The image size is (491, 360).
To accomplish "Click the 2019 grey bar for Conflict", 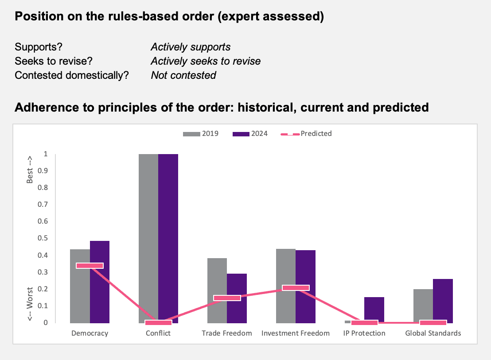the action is [148, 238].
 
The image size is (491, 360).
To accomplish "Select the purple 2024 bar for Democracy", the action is [100, 282].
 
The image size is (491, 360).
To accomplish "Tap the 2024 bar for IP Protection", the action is [374, 310].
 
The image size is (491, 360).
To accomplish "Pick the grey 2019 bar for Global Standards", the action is [423, 306].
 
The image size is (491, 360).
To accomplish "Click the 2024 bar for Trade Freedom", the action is [237, 298].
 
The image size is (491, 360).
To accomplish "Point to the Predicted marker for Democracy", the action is [90, 266].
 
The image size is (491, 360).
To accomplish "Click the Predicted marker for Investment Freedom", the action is [296, 288].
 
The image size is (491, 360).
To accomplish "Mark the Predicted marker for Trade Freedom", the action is [227, 298].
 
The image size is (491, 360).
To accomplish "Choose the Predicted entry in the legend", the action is [306, 134].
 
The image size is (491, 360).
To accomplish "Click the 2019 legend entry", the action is [201, 134].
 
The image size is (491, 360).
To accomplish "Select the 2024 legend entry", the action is [250, 134].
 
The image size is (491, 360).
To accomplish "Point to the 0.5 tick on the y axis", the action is [43, 238].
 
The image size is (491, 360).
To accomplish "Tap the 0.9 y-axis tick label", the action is [43, 170].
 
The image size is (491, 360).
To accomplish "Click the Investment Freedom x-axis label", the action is [296, 333].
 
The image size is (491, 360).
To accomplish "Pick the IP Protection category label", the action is [364, 333].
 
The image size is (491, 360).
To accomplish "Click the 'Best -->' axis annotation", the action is [30, 170].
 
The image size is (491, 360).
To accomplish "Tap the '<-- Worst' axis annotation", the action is [30, 304].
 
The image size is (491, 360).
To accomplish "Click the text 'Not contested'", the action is [183, 75].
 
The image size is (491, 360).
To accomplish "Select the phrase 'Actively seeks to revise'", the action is [206, 61].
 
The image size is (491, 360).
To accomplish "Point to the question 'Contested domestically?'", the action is [72, 75].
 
